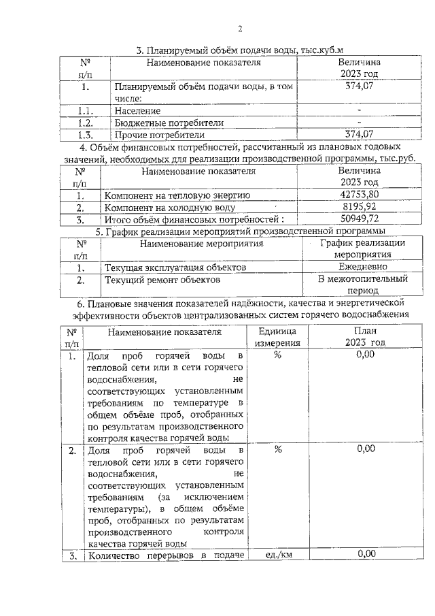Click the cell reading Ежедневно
tap(362, 268)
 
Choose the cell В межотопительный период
tap(362, 285)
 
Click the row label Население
tap(138, 110)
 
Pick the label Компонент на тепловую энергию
tap(177, 195)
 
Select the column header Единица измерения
tap(277, 337)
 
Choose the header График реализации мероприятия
tap(362, 248)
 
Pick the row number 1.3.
tap(85, 134)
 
